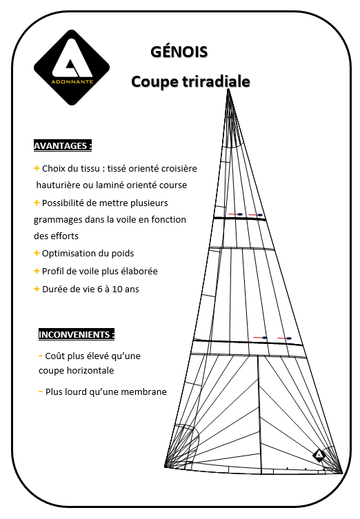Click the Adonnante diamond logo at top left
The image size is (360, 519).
tap(72, 68)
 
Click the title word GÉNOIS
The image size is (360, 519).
tap(179, 52)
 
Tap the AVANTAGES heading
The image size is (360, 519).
tap(62, 146)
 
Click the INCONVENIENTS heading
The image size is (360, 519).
tap(76, 334)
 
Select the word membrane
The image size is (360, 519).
tap(145, 392)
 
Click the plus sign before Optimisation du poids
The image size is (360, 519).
tap(37, 253)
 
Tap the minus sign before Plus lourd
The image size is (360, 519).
tap(40, 391)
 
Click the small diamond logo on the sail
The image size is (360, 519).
tap(319, 455)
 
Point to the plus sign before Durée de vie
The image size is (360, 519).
tap(37, 289)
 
